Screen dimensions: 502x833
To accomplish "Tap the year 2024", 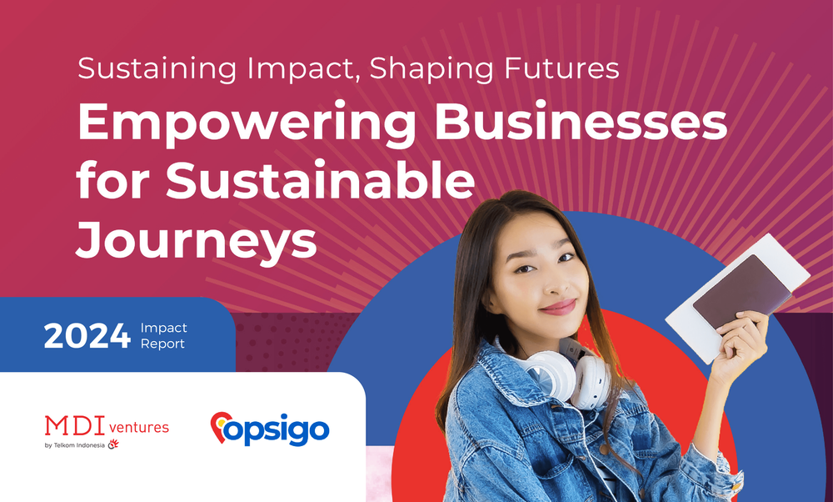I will click(87, 335).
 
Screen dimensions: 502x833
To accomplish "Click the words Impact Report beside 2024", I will click(164, 335).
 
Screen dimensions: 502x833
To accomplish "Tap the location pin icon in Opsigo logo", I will click(222, 427).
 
